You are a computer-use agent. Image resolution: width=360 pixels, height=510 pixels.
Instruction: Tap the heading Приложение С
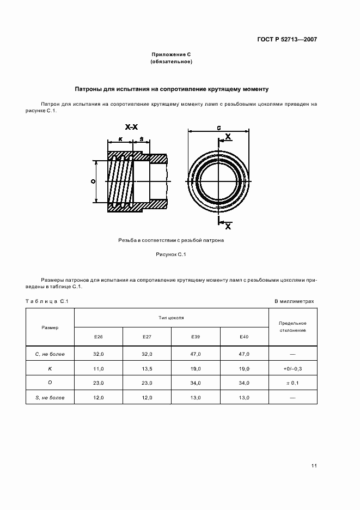point(172,55)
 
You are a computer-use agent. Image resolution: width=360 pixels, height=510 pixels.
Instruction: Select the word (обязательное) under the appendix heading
point(172,62)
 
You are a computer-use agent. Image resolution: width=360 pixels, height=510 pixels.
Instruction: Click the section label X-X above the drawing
point(131,127)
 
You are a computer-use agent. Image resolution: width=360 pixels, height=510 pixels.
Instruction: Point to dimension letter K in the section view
point(120,139)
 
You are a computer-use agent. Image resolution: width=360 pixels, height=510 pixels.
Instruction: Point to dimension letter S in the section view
point(141,139)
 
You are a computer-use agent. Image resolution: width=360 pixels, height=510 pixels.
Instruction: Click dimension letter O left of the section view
point(93,181)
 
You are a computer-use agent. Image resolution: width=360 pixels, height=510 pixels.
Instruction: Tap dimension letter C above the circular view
point(218,127)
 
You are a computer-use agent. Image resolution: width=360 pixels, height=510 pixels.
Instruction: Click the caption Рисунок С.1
point(171,254)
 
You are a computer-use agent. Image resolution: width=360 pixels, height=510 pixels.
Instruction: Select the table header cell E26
point(98,337)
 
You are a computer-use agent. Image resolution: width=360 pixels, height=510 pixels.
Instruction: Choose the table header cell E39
point(196,337)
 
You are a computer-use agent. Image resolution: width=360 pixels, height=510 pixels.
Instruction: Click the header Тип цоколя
point(172,317)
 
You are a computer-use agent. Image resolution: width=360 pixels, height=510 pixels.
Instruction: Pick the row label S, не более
point(50,398)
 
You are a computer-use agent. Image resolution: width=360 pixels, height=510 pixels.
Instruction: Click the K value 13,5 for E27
point(147,369)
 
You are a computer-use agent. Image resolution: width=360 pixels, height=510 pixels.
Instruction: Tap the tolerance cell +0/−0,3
point(293,369)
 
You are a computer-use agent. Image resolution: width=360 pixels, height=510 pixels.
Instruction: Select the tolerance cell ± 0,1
point(293,384)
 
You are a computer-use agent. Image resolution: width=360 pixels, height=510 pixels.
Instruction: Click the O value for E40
point(244,383)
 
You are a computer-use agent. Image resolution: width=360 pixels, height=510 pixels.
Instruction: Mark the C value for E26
point(98,354)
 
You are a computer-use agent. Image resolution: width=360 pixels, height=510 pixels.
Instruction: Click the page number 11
point(314,466)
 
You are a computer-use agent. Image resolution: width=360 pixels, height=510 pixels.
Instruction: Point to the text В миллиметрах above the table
point(294,301)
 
